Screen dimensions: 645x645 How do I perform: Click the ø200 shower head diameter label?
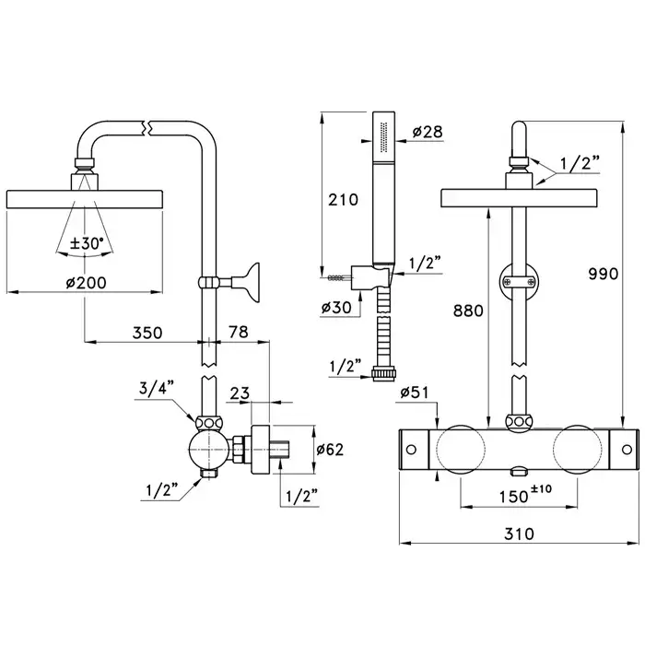86,283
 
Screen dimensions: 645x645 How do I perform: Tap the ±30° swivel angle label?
87,243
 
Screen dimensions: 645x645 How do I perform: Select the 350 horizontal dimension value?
147,333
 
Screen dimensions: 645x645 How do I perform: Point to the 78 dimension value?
238,332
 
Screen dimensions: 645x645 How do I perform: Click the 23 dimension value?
240,393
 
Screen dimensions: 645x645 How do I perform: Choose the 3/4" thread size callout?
157,388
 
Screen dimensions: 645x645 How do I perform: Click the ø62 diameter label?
330,450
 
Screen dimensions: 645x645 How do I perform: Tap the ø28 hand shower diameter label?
428,132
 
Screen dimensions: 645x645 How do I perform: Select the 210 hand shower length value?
343,200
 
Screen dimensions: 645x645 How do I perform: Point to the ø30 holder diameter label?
336,307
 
